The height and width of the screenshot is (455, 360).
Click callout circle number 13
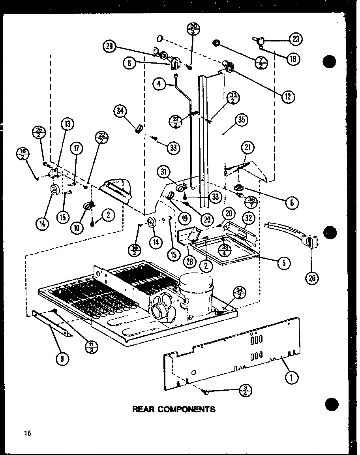point(67,125)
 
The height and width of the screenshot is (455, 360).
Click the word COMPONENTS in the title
point(188,409)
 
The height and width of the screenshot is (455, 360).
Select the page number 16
point(27,433)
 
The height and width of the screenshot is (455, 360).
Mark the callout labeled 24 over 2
point(241,293)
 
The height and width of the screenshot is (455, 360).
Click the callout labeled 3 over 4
point(246,391)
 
